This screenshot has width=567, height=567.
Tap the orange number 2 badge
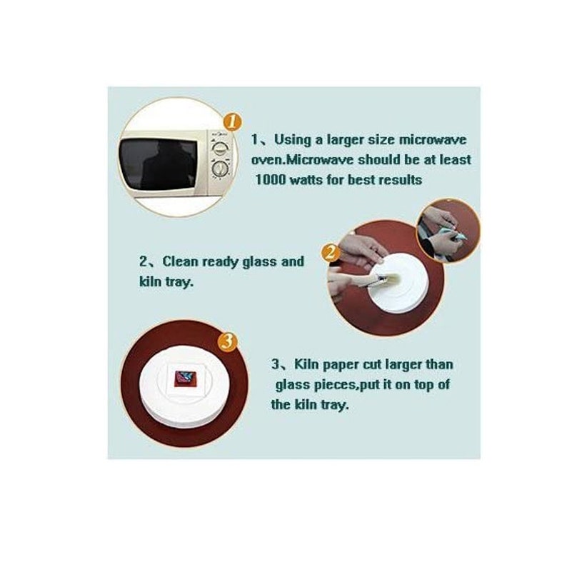click(x=330, y=253)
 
